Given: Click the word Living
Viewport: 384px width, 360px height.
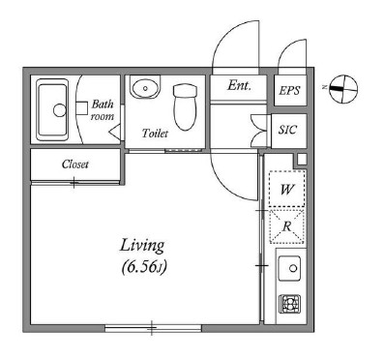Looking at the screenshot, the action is [x=142, y=247].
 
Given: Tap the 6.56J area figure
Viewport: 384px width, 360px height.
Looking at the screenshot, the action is [x=144, y=267].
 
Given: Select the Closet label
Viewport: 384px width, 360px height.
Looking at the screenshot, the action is [x=74, y=165].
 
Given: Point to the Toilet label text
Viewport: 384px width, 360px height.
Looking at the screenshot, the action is [x=155, y=133].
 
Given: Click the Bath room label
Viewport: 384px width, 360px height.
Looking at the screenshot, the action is [x=103, y=110].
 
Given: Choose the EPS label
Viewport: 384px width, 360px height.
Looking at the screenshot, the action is [x=289, y=90].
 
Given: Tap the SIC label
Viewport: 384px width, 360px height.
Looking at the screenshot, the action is [x=287, y=130].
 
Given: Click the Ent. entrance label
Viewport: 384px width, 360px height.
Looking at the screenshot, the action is [x=239, y=85].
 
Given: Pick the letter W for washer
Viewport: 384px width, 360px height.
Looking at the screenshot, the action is [x=287, y=189].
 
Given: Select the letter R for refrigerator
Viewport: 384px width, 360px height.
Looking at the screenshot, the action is [x=287, y=226].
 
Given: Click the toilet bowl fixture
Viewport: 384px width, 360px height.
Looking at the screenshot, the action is [x=185, y=107].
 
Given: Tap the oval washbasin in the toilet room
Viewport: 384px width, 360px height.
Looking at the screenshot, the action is [x=145, y=87].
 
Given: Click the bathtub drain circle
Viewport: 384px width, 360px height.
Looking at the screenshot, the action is [x=60, y=110].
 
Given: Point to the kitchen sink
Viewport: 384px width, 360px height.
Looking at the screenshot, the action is [x=289, y=268].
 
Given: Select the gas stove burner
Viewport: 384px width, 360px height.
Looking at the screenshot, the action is [x=290, y=304].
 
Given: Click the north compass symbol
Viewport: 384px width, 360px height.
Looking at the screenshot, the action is [x=343, y=89].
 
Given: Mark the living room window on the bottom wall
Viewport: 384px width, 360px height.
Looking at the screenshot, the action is [x=153, y=328].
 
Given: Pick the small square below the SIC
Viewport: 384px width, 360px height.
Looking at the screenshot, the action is [x=302, y=160].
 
